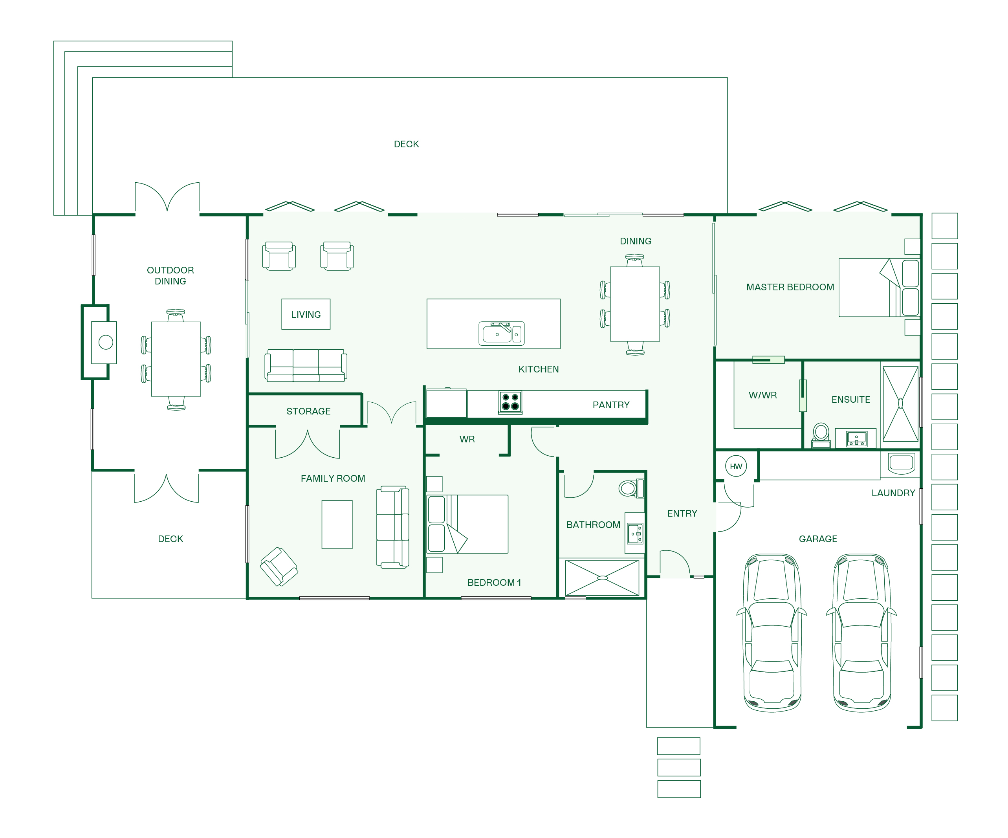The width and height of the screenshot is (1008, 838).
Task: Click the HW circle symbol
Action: pos(736,466)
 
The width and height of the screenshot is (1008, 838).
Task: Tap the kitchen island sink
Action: pos(501,333)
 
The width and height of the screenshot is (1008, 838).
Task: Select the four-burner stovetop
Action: pos(510,402)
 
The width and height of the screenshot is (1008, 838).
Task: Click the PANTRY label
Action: pos(611,405)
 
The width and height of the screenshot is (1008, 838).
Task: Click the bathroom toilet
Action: pos(632,489)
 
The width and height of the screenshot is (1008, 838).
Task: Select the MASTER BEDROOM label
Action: pos(790,287)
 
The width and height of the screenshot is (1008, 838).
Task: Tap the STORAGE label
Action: pos(309,411)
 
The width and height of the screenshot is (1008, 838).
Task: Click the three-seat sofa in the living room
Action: pos(306,365)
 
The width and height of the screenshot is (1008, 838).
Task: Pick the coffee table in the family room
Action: pos(337,524)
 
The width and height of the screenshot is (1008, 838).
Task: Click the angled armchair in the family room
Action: pos(279,567)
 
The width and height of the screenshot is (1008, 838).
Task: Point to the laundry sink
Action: pos(902,463)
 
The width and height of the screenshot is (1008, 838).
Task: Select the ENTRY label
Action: pos(682,513)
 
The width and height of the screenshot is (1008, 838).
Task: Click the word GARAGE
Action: pos(818,539)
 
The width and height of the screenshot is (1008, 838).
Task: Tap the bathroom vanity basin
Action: pos(636,534)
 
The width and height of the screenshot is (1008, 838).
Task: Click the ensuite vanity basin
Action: pos(857,439)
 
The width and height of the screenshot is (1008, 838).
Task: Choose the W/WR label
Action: pos(763,395)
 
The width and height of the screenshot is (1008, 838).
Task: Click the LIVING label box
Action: pos(306,314)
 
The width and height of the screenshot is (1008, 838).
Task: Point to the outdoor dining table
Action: pos(176,359)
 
